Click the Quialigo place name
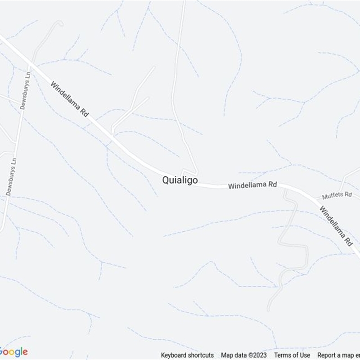180,180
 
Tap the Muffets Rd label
336,195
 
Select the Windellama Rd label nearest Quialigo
252,185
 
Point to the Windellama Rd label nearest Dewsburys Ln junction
69,99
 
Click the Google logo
13,351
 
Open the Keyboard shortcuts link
187,355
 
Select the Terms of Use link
292,355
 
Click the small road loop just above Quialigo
189,172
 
